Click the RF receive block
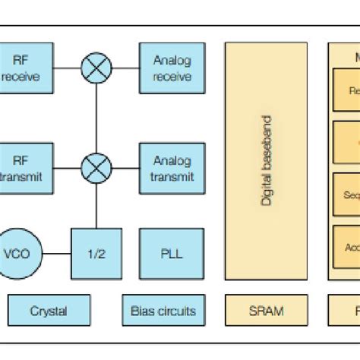(x=26, y=68)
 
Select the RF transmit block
(x=26, y=168)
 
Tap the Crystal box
(x=48, y=311)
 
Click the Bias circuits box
(x=163, y=311)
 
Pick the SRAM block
(x=266, y=311)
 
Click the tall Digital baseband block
(x=266, y=160)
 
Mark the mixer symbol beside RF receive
(x=96, y=68)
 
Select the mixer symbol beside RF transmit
(x=96, y=168)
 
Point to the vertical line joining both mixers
(x=96, y=118)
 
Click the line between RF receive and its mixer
(x=68, y=68)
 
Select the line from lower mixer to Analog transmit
(x=125, y=168)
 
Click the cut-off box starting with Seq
(x=346, y=194)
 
